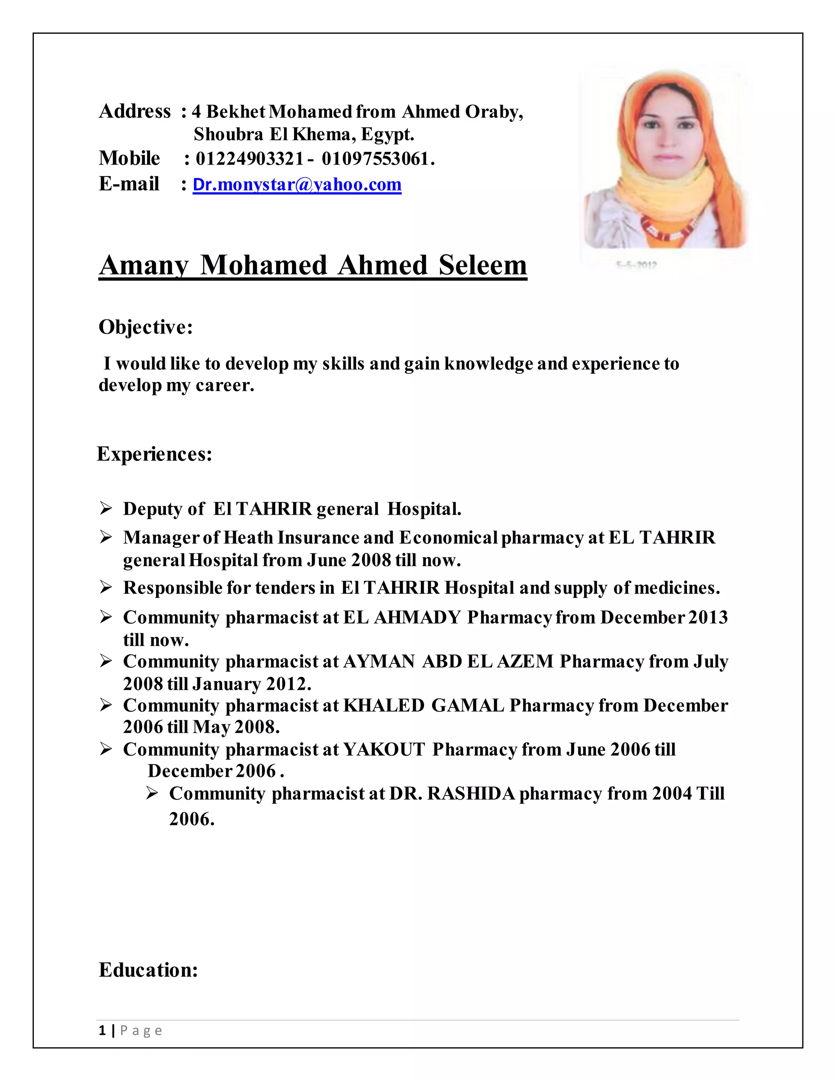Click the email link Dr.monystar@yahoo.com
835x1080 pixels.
tap(297, 185)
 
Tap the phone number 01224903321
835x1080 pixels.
tap(249, 159)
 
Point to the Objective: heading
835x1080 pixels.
tap(146, 327)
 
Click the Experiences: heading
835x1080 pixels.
tap(155, 454)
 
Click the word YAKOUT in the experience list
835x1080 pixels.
tap(384, 749)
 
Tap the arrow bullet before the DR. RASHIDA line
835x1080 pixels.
tap(152, 793)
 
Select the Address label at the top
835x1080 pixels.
tap(135, 112)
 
